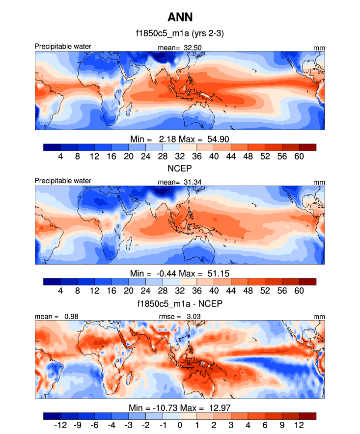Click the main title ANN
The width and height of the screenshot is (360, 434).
coord(180,18)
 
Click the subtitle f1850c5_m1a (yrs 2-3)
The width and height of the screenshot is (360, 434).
coord(180,34)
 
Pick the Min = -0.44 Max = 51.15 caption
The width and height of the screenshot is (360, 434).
coord(180,273)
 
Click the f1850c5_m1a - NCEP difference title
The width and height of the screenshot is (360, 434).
coord(180,304)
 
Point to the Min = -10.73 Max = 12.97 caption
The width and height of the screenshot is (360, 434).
coord(180,407)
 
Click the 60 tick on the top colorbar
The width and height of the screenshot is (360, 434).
coord(299,156)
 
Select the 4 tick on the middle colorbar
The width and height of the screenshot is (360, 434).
coord(60,291)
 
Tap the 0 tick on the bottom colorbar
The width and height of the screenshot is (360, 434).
coord(180,425)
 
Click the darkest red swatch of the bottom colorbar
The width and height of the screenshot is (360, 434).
coord(307,416)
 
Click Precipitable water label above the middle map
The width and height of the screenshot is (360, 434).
coord(63,181)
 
